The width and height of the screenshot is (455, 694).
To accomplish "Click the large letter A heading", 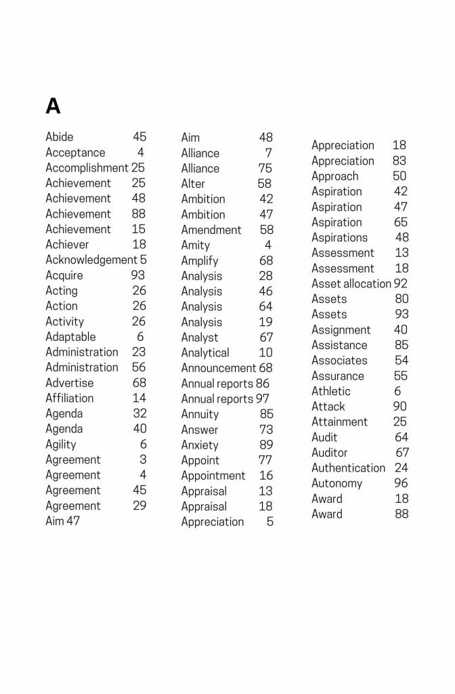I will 53,106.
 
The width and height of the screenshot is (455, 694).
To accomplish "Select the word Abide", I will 60,137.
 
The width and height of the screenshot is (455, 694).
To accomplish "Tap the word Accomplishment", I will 87,167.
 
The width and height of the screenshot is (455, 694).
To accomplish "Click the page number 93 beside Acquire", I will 138,275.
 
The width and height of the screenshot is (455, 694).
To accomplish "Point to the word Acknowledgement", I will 91,260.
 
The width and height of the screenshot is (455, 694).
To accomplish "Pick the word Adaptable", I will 70,337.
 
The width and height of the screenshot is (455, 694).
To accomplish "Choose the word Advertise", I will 70,383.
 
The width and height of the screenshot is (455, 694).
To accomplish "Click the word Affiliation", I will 70,398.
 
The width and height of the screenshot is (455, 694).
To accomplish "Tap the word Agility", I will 61,445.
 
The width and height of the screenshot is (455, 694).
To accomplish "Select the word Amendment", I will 211,230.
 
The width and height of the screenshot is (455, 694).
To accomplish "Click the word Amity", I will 196,245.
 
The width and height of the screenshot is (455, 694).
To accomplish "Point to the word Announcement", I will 219,368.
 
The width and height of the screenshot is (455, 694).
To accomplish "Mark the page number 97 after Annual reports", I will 262,399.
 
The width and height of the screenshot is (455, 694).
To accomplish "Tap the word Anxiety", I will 200,445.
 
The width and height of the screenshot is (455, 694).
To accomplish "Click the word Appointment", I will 213,476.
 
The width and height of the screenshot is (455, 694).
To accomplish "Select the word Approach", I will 335,176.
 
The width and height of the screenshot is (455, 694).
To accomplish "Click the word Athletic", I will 331,391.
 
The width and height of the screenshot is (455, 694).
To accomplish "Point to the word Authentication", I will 348,468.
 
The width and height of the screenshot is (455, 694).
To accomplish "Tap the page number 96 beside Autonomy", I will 402,483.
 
